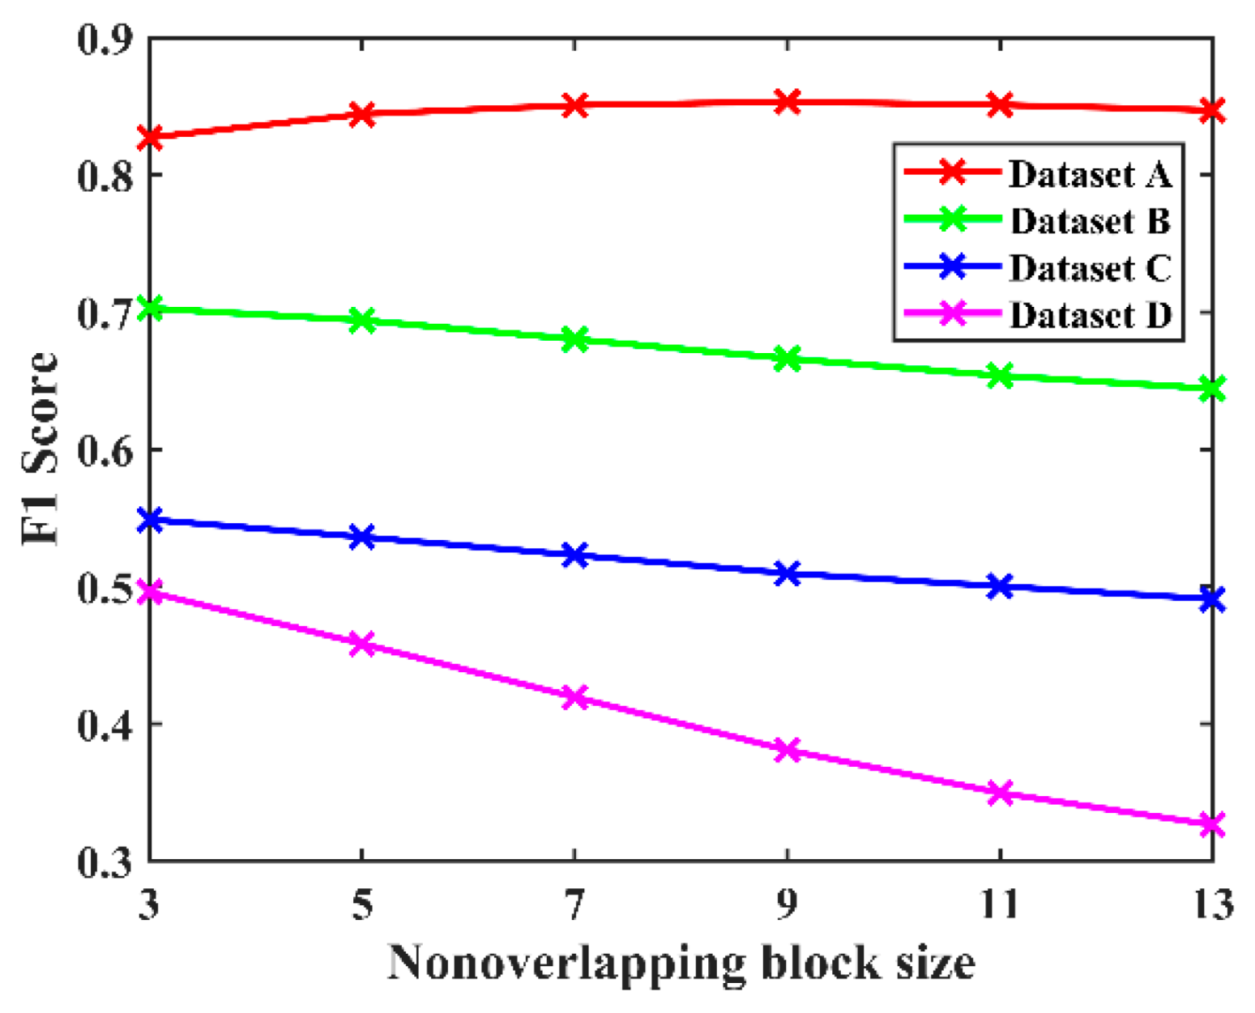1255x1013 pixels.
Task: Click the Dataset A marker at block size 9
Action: tap(787, 102)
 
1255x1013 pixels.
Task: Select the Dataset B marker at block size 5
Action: tap(362, 321)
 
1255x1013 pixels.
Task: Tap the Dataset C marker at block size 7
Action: tap(574, 555)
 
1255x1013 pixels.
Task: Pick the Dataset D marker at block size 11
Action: tap(1000, 793)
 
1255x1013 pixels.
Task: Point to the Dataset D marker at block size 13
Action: tap(1211, 824)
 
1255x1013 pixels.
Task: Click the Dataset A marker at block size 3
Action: tap(151, 137)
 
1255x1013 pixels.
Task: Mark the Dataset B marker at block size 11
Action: tap(1000, 376)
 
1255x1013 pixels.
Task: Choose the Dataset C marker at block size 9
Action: tap(787, 574)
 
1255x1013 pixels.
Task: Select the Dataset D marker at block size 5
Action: tap(362, 645)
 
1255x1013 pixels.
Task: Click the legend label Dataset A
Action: tap(1090, 174)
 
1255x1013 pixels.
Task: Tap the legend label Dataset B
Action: tap(1090, 221)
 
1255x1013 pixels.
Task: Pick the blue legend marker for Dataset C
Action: tap(954, 266)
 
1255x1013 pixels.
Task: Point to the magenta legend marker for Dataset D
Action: tap(954, 313)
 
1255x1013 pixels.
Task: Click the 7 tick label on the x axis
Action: tap(574, 904)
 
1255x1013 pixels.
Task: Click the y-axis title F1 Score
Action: tap(41, 449)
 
